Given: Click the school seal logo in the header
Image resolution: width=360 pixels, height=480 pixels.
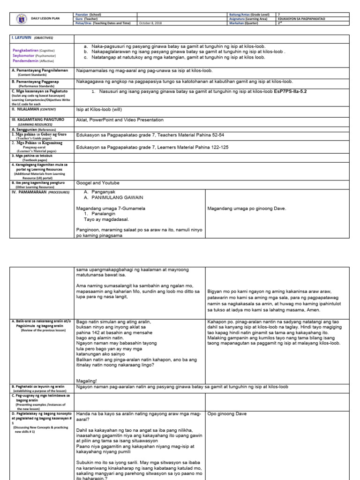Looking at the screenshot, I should click(19, 19).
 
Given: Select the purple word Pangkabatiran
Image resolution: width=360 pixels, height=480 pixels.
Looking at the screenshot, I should click(26, 50).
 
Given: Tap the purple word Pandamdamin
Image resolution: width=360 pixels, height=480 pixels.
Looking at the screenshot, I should click(26, 60).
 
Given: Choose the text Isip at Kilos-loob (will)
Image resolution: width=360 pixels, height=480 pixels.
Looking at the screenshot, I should click(99, 109).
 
